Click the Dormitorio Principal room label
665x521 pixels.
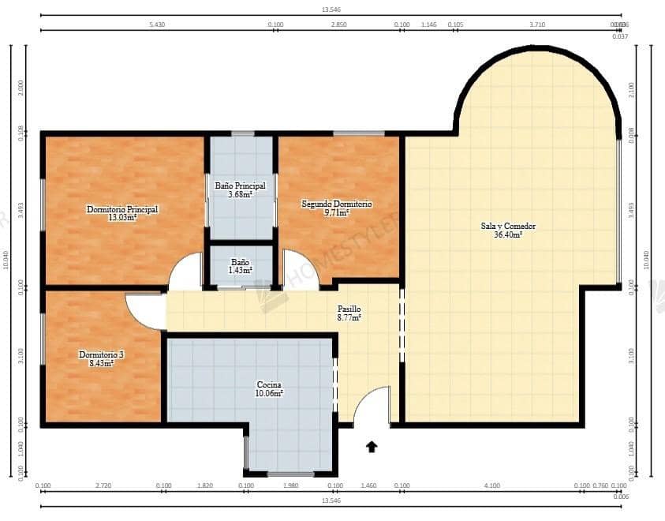click(x=122, y=209)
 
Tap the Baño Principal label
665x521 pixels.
click(x=240, y=186)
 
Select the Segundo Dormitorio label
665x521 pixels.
click(x=337, y=204)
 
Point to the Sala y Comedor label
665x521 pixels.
click(x=508, y=226)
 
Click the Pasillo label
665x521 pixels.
click(x=349, y=309)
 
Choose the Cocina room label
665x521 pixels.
click(x=269, y=384)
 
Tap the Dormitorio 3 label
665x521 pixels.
click(x=101, y=355)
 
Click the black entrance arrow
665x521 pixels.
click(x=372, y=447)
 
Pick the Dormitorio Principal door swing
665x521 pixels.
click(x=187, y=272)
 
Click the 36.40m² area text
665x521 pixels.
click(x=508, y=234)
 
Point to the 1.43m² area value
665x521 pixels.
click(x=241, y=270)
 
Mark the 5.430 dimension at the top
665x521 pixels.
click(x=156, y=24)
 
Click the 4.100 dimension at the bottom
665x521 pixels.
click(x=492, y=485)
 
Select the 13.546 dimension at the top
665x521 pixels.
click(x=331, y=9)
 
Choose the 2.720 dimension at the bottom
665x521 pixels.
click(x=103, y=485)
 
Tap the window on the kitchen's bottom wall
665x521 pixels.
click(x=290, y=474)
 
